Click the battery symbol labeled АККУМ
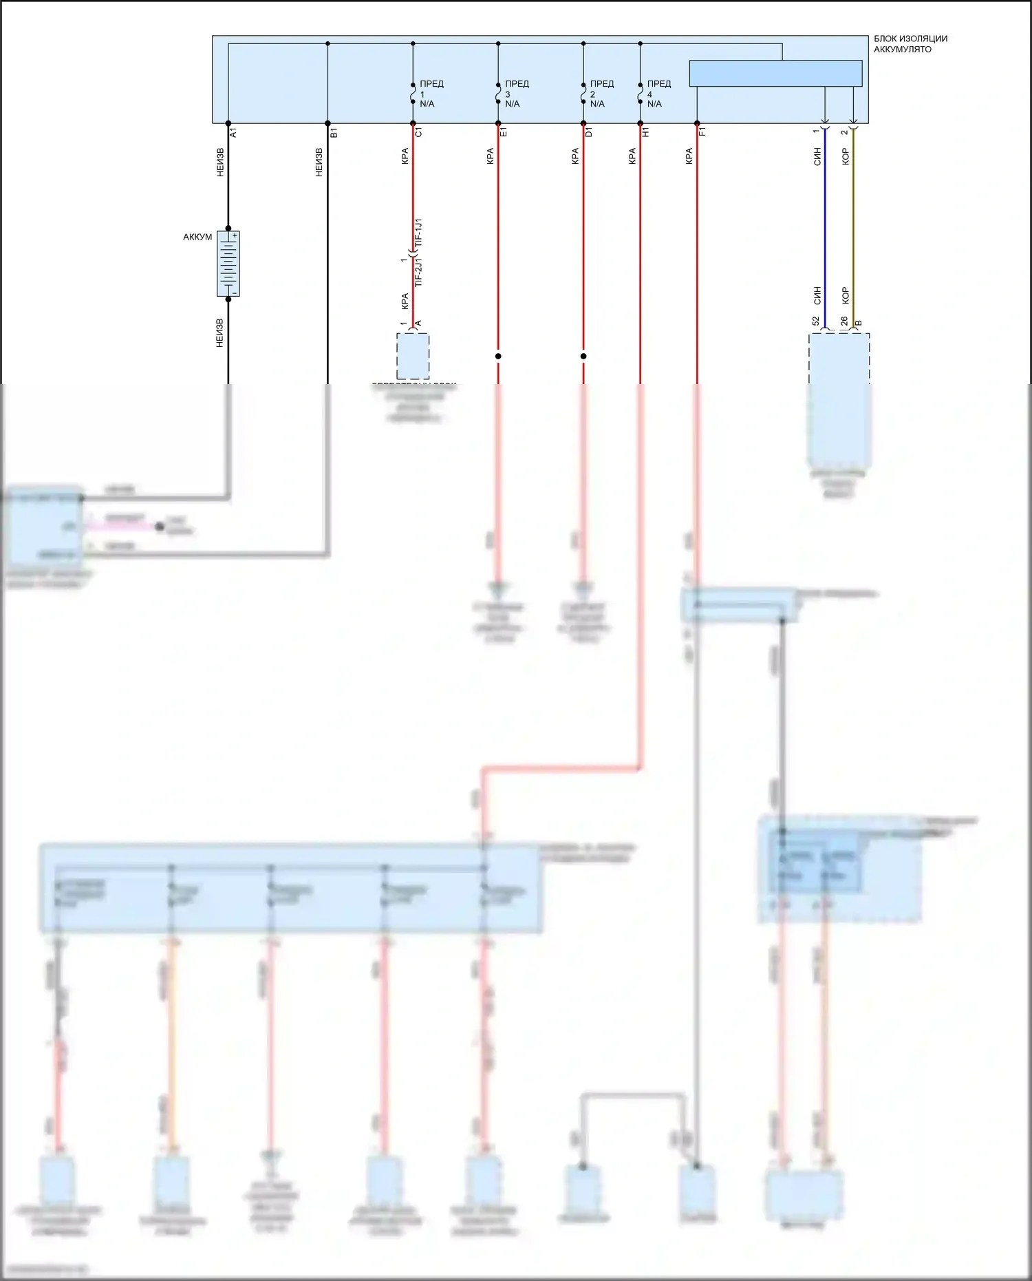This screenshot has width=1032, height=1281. click(x=228, y=264)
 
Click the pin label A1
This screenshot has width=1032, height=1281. click(x=233, y=132)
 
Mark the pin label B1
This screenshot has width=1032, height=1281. click(x=334, y=132)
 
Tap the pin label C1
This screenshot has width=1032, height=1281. click(x=418, y=132)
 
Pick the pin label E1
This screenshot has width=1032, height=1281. click(x=504, y=132)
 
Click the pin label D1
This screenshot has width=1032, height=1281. click(x=589, y=132)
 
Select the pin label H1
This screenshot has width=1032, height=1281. click(x=646, y=132)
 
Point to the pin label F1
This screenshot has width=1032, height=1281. click(x=702, y=132)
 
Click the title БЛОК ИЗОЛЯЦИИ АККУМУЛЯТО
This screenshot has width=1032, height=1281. click(x=910, y=44)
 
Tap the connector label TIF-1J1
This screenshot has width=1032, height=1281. click(x=419, y=234)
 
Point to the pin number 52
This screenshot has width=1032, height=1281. click(x=816, y=321)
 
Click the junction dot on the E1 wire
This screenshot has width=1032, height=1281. click(x=498, y=356)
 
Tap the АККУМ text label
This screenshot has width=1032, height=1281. click(x=197, y=237)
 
